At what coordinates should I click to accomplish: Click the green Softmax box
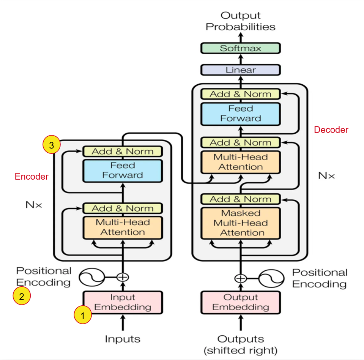240,48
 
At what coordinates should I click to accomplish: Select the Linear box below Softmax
240,70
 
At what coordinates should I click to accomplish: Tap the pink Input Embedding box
123,302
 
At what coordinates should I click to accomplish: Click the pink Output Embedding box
240,302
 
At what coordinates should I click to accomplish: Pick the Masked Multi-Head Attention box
240,223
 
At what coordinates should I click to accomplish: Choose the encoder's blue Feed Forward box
123,171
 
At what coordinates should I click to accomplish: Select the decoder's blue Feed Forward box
240,113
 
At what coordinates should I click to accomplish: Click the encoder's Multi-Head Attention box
123,227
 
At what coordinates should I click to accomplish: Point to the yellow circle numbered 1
83,315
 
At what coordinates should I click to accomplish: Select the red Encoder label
32,177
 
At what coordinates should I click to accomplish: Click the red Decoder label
331,130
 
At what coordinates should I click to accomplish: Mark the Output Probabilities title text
240,21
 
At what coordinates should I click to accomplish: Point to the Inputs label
123,339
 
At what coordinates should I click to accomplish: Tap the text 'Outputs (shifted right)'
240,344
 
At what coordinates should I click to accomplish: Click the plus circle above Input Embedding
123,277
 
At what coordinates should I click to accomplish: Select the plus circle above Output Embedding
240,278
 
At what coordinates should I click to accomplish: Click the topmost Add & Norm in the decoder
240,94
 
